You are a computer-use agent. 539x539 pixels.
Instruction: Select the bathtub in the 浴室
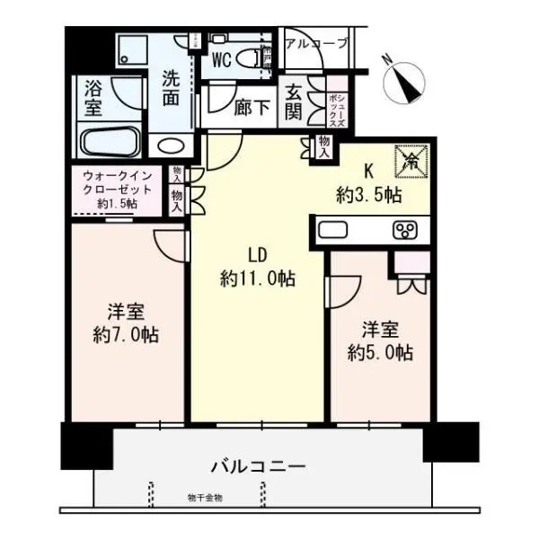(x=109, y=142)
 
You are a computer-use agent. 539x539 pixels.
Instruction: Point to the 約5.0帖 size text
(x=381, y=352)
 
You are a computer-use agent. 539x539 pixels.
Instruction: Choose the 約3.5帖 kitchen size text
(x=369, y=194)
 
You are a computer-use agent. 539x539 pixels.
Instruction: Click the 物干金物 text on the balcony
(x=205, y=497)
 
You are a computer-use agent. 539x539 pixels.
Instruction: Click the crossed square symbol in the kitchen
(x=412, y=161)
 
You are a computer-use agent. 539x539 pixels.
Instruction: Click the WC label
(x=224, y=60)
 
